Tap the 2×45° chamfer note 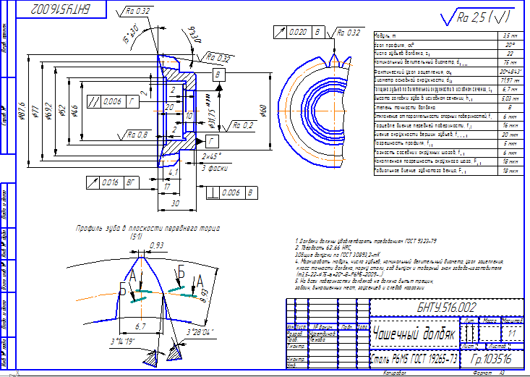pos(211,156)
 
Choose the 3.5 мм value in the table pos(510,35)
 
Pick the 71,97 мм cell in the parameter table pos(509,80)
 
